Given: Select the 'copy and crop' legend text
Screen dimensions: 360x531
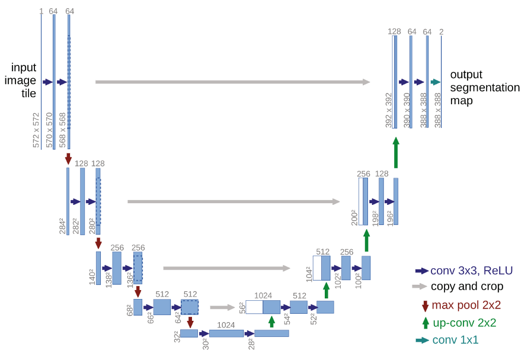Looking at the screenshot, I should [467, 287].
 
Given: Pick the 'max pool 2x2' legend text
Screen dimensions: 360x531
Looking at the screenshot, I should [466, 306].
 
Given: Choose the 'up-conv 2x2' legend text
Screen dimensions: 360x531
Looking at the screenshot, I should [464, 323].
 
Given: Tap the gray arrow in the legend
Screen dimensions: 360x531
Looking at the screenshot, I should [421, 287].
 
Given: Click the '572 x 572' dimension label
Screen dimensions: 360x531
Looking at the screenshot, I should [36, 130].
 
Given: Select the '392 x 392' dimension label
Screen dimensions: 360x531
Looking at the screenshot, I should [389, 110].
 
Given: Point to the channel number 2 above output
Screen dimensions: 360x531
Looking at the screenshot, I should [441, 31].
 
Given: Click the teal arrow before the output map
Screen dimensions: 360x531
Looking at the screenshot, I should [436, 82].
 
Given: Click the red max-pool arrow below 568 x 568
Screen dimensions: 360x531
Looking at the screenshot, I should [68, 158].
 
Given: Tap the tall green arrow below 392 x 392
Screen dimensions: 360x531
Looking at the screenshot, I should [396, 152].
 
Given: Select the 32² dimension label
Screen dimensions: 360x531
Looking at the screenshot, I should [176, 337].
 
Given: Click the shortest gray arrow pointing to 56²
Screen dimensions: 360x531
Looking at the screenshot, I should [223, 307].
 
